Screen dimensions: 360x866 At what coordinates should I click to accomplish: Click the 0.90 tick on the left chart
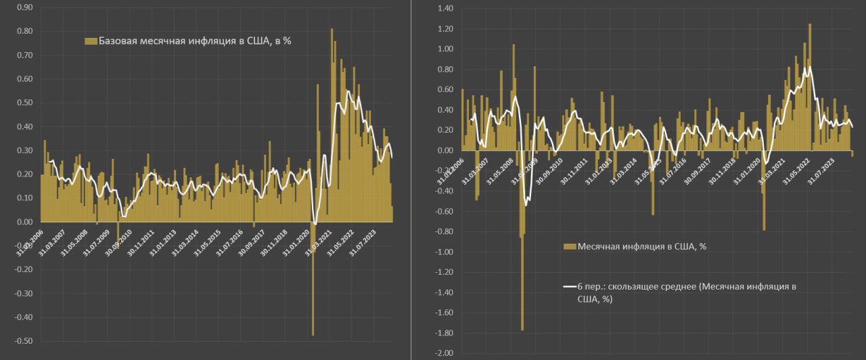tap(23, 7)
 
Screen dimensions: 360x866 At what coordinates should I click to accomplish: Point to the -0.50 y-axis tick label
tap(22, 341)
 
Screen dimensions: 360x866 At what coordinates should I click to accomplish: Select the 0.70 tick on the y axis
tap(23, 55)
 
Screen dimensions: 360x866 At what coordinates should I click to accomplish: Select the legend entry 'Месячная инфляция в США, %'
tap(641, 246)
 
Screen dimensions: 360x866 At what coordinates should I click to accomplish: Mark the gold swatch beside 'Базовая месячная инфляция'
tap(91, 41)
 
